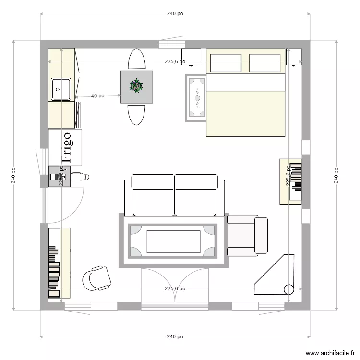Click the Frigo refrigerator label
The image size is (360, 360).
click(x=66, y=146)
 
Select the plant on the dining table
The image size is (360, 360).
click(x=137, y=86)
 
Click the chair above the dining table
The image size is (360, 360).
click(x=137, y=60)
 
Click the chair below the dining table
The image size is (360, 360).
click(x=137, y=114)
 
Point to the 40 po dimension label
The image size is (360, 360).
click(x=97, y=96)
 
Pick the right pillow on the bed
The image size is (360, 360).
click(x=264, y=63)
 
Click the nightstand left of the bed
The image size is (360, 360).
click(x=191, y=57)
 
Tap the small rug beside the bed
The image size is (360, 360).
click(x=196, y=98)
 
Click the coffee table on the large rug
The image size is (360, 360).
click(x=173, y=241)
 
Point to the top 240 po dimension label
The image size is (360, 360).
click(x=175, y=14)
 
